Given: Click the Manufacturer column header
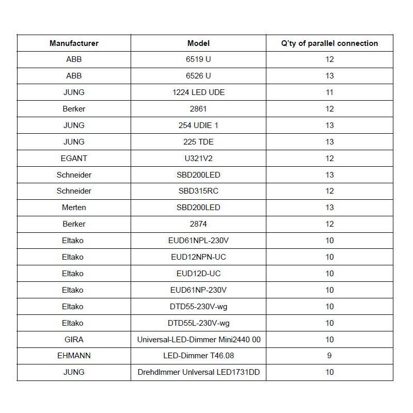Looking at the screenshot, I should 74,43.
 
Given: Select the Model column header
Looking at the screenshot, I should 198,43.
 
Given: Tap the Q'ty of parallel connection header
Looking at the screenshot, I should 329,43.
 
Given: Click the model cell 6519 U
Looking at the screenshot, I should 198,59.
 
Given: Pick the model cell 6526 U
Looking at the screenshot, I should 198,76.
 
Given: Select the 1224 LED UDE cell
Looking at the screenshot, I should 198,92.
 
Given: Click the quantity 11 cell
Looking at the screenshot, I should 329,92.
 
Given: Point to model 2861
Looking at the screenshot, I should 198,109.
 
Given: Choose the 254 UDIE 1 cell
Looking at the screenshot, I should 198,125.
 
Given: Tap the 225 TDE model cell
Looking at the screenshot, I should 198,142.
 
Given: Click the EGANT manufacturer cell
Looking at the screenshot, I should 74,158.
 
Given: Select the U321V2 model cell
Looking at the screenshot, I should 198,158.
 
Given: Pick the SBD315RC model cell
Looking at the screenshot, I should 198,191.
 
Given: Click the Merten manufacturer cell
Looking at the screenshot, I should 74,208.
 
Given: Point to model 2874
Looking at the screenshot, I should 198,224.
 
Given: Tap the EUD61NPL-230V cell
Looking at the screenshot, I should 198,241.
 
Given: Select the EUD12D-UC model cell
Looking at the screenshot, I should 198,274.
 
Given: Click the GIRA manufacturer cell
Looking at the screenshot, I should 74,340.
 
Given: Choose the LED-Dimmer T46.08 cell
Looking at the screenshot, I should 198,356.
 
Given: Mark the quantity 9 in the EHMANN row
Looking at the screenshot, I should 329,356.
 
